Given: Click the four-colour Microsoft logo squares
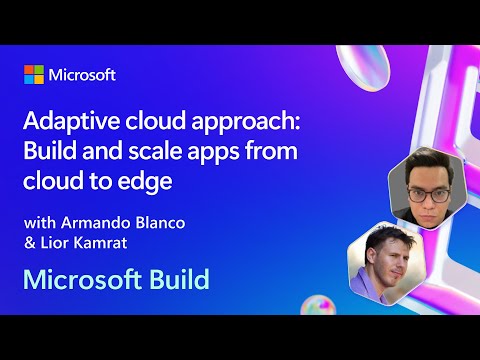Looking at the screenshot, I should tap(35, 75).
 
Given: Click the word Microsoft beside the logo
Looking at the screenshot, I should tap(83, 75).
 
